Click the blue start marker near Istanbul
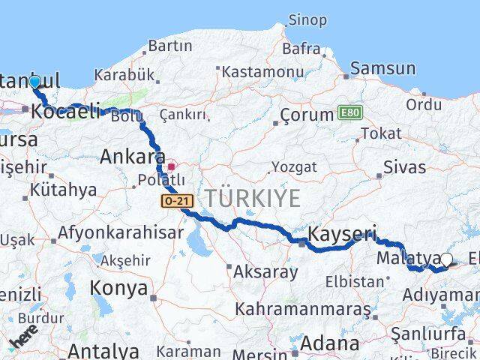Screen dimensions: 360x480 pos(34,82)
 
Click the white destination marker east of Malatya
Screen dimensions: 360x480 pos(447,260)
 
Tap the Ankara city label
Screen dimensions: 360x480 pos(132,157)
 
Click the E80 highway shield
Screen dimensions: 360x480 pos(349,112)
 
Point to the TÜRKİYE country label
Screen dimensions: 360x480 pos(253,199)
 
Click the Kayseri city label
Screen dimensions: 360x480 pos(342,232)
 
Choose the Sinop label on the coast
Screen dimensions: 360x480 pos(307,20)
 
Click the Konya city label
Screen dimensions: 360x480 pos(114,287)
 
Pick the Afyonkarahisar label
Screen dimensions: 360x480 pos(120,232)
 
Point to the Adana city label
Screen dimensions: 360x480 pos(329,344)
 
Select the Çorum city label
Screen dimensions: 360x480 pos(306,115)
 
